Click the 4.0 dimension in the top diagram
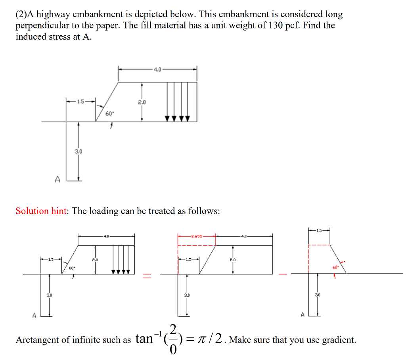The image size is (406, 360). click(157, 69)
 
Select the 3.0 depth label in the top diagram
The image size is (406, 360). click(79, 151)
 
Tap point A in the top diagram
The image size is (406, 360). click(57, 180)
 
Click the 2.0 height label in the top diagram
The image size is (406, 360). click(142, 102)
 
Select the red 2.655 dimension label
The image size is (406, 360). click(197, 236)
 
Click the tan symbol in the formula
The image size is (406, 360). click(144, 339)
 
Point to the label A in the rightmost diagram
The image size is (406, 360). click(303, 315)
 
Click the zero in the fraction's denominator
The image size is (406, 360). click(173, 350)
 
